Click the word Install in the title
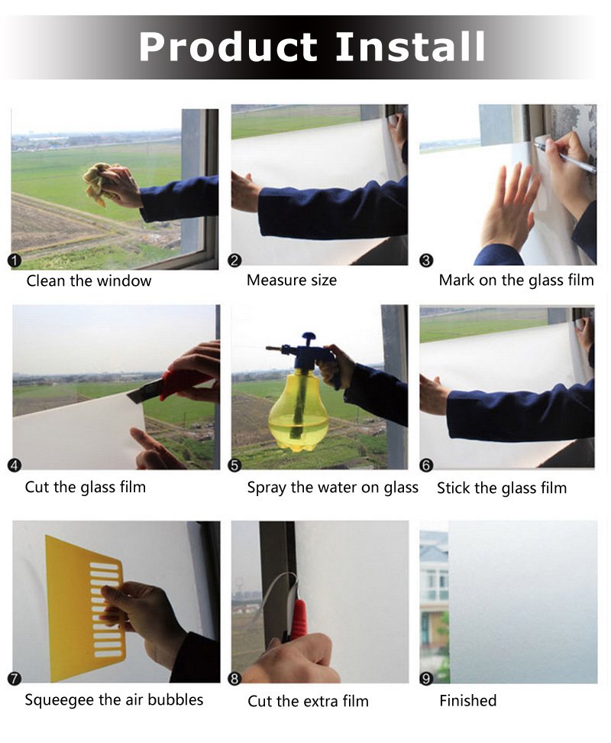[x=410, y=47]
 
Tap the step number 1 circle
[x=15, y=260]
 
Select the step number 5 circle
[x=234, y=466]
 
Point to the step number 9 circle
[x=426, y=679]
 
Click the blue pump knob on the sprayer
[x=309, y=337]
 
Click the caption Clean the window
[x=89, y=281]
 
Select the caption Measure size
[x=292, y=280]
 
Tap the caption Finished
[x=467, y=700]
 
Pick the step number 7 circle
[x=15, y=679]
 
